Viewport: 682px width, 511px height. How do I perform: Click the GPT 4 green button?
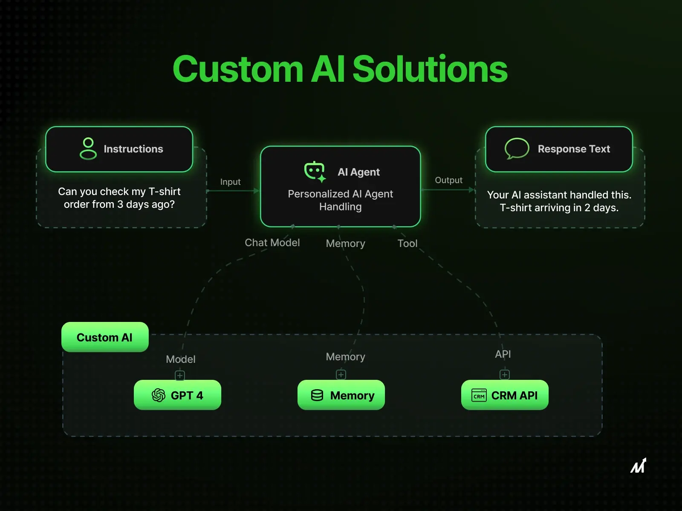[x=177, y=395]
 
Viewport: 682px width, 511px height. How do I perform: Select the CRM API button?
[x=505, y=395]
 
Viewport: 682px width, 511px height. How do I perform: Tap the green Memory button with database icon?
[x=341, y=395]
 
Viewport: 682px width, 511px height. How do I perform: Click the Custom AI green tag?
[x=105, y=337]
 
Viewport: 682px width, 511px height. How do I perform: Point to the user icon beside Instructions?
[x=88, y=149]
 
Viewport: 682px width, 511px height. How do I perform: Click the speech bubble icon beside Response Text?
[x=517, y=149]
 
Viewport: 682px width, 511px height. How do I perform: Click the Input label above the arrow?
[x=230, y=182]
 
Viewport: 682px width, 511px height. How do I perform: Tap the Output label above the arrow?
[x=448, y=180]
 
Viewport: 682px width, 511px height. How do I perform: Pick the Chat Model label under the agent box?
[x=272, y=243]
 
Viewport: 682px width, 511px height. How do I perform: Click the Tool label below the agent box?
[x=407, y=244]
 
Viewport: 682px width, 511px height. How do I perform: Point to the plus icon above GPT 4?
[x=180, y=376]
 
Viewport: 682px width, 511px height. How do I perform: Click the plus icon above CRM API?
[x=505, y=375]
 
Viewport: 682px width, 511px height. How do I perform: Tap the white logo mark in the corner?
[x=638, y=465]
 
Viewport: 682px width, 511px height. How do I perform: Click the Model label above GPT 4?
[x=181, y=359]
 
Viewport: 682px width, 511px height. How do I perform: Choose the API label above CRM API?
[x=503, y=354]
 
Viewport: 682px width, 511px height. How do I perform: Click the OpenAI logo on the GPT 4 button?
[x=159, y=395]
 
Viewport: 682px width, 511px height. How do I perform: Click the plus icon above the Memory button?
[x=341, y=375]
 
